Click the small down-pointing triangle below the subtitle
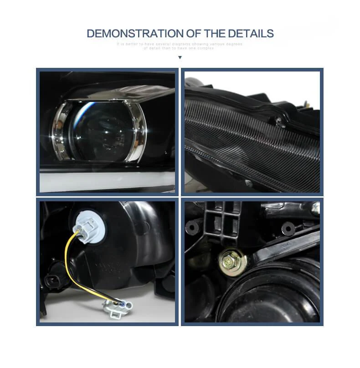pyautogui.click(x=180, y=57)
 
